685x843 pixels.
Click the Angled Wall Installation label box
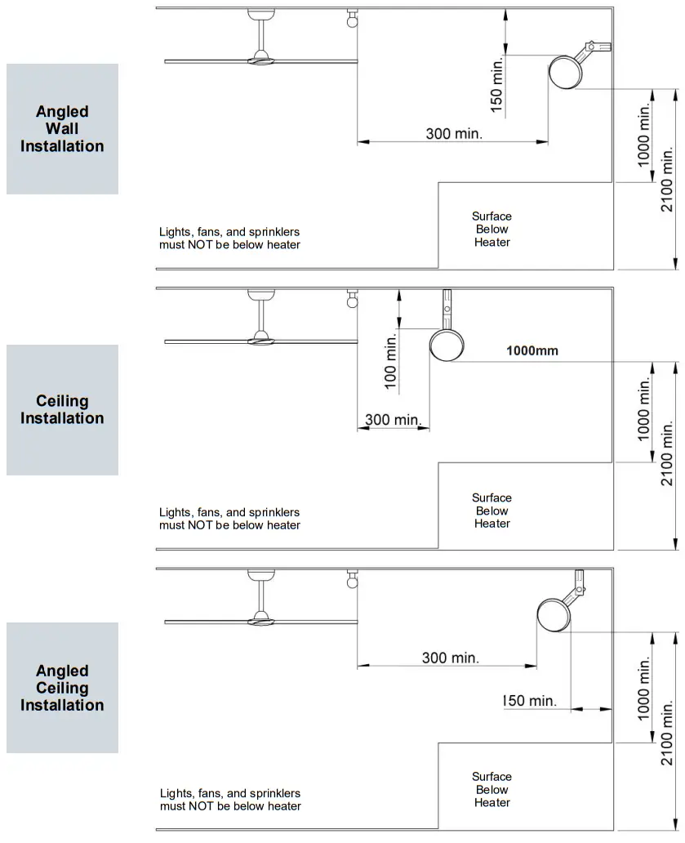(x=62, y=129)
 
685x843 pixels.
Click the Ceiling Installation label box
(x=62, y=409)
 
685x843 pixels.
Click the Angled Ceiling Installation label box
(x=62, y=688)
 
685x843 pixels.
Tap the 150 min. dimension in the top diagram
(x=496, y=82)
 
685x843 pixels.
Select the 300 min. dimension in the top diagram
(x=454, y=133)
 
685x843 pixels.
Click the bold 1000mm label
(x=532, y=350)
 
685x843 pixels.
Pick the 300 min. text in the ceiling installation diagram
(x=392, y=420)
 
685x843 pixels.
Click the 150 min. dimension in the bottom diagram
(x=529, y=701)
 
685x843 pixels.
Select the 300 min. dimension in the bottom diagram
(x=450, y=658)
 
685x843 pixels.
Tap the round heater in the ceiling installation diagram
(x=446, y=345)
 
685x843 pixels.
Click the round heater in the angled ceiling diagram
(x=554, y=614)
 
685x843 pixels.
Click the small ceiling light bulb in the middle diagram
(x=353, y=301)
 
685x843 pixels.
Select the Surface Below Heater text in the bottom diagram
(x=492, y=790)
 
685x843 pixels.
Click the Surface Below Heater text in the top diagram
(x=492, y=230)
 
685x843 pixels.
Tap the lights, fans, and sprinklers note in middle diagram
(x=229, y=519)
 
